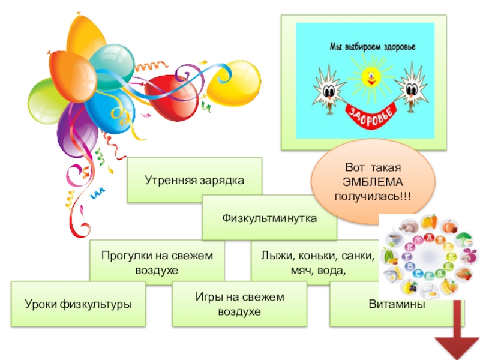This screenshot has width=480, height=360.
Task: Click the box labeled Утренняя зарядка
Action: point(194,179)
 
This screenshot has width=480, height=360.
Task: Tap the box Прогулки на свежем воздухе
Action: point(157,262)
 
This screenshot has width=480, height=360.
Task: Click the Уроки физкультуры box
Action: point(78,304)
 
